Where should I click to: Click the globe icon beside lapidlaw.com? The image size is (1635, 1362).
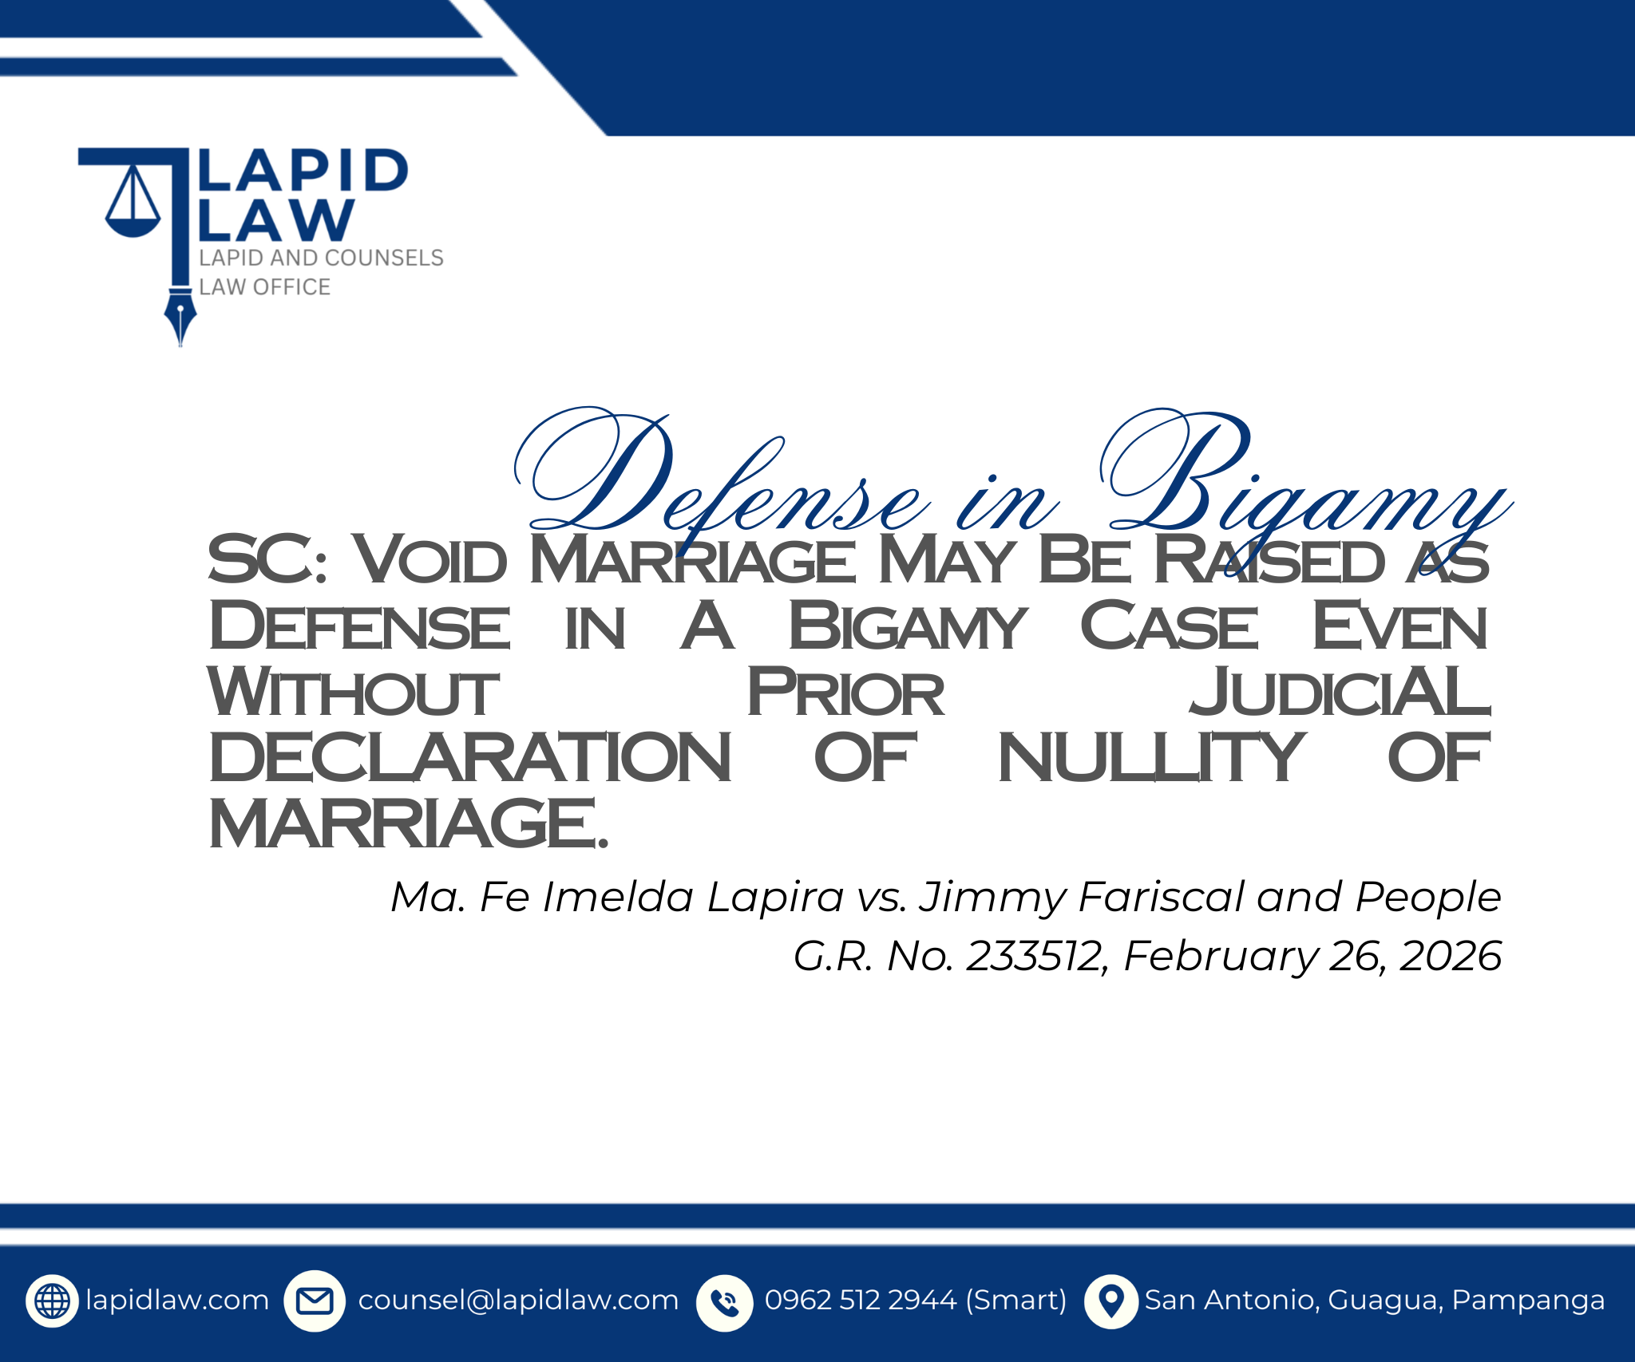[53, 1301]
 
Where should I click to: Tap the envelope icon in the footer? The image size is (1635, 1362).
[315, 1301]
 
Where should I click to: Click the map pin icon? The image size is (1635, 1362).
[1111, 1301]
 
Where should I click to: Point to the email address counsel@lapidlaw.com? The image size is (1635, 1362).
[518, 1301]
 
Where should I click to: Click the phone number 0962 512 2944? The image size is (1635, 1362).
[861, 1301]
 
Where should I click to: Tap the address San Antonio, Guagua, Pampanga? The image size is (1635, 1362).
[1375, 1301]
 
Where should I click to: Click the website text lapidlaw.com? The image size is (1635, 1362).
[177, 1301]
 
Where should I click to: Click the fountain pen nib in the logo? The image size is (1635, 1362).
[180, 320]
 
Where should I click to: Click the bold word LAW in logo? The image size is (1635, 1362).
[275, 219]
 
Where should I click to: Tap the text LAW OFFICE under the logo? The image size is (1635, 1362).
[264, 287]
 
